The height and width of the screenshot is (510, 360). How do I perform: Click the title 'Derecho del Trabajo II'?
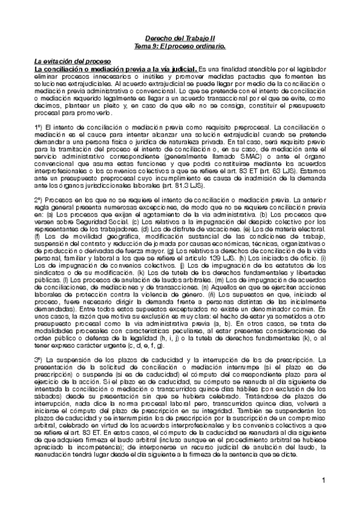pyautogui.click(x=180, y=37)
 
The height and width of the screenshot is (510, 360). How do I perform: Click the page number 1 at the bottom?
pyautogui.click(x=323, y=481)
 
